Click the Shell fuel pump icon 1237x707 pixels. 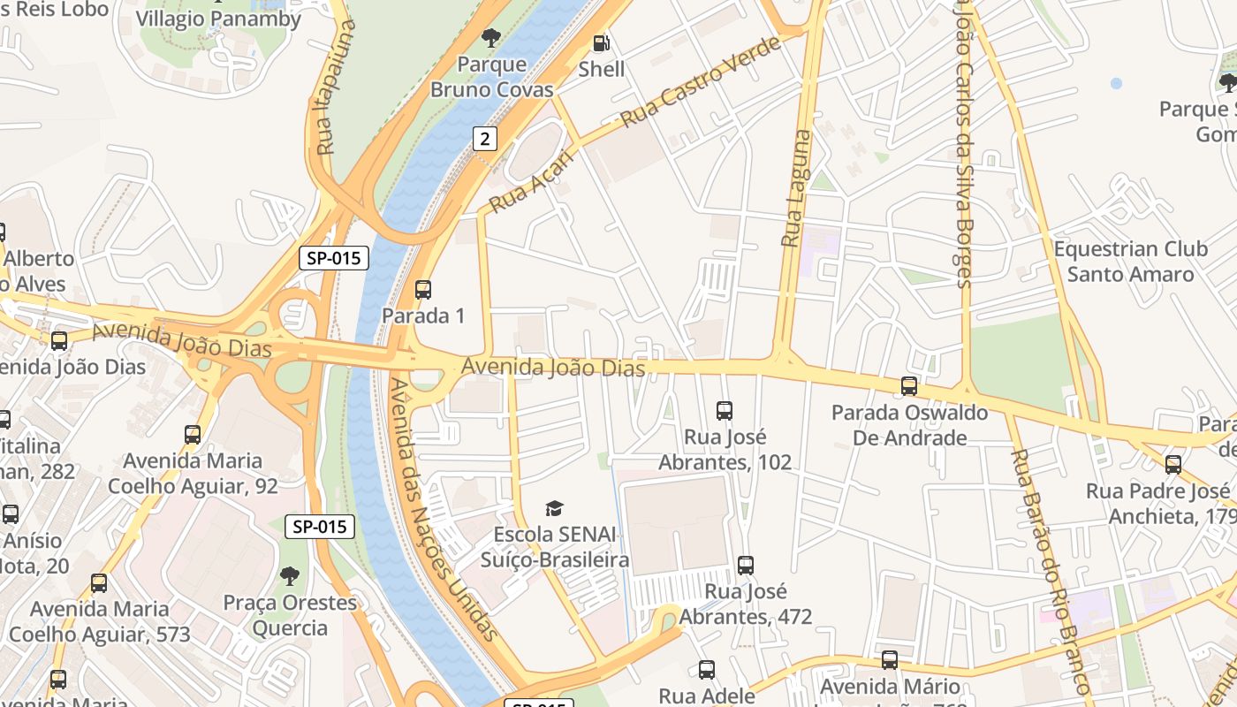coord(601,42)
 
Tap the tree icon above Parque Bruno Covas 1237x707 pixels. coord(491,37)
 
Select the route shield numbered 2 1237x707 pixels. coord(484,138)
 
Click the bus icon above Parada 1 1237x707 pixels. coord(423,289)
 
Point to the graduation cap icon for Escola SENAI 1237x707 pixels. coord(554,508)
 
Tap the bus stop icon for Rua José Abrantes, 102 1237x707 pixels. coord(725,410)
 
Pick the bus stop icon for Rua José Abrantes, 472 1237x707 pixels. coord(746,565)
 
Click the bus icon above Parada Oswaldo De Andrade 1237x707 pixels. coord(909,386)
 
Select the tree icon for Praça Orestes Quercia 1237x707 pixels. coord(289,576)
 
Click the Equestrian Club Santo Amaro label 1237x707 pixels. coord(1130,262)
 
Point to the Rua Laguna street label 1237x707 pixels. coord(796,188)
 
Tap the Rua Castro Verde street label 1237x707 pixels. coord(702,81)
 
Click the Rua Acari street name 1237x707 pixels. coord(531,181)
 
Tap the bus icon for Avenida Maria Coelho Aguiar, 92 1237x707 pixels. coord(193,434)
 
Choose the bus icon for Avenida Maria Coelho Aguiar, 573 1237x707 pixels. coord(99,583)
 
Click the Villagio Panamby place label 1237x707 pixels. coord(218,19)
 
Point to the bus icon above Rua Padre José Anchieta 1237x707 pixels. coord(1173,464)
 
